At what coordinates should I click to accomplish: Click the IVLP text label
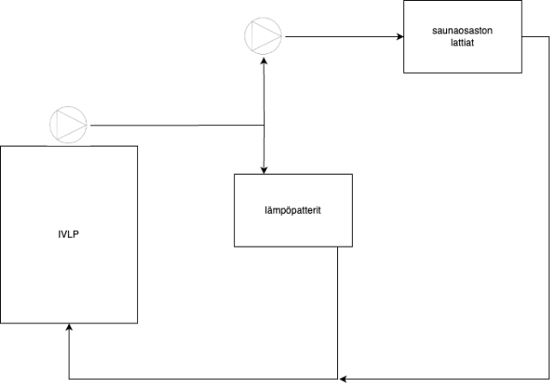69,233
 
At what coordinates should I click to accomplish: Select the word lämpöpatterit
293,210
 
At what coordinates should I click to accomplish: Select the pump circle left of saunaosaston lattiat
263,37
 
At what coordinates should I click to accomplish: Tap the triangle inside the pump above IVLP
70,124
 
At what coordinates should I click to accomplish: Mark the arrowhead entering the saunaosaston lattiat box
400,37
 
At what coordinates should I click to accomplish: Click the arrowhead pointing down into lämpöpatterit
264,169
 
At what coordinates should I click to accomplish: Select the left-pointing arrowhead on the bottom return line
343,377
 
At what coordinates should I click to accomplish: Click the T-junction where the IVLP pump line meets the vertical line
264,125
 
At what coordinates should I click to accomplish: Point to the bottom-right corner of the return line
548,377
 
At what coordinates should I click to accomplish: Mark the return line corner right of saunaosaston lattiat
548,37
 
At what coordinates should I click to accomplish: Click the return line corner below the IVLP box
69,377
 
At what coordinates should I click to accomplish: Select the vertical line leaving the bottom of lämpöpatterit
338,309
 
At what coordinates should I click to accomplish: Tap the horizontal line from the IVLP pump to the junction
172,125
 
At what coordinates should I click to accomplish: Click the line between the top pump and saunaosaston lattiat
339,37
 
